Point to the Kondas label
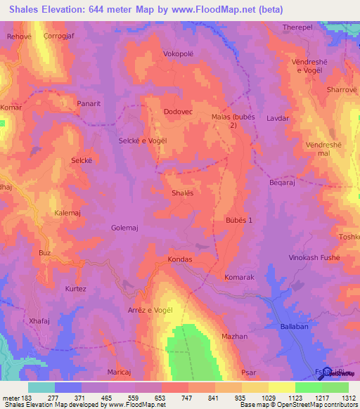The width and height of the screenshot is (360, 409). (x=180, y=259)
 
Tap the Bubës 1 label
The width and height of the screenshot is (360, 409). (x=238, y=221)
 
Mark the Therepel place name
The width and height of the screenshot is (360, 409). (x=297, y=27)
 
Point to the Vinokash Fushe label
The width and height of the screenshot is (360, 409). (x=314, y=259)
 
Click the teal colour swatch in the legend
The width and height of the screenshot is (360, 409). (x=41, y=387)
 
